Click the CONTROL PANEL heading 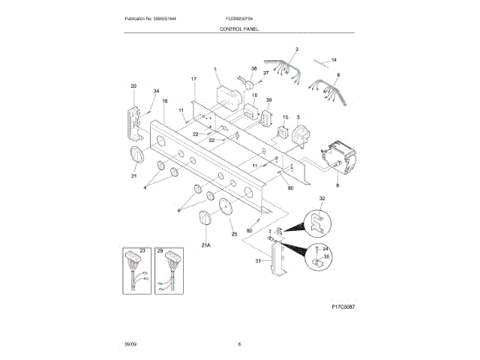coord(239,28)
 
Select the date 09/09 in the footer coord(130,344)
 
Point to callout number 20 coord(133,86)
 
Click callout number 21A coord(205,244)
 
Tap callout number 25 coord(233,235)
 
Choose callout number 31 coord(259,261)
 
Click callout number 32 coord(322,198)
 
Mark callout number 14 coord(334,59)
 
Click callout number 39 coord(268,100)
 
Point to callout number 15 coord(285,118)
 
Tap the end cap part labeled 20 coord(134,120)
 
